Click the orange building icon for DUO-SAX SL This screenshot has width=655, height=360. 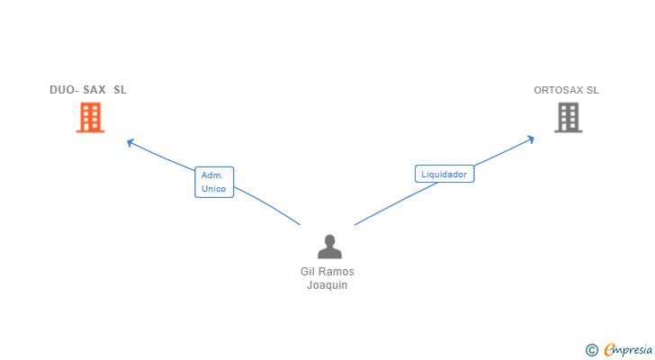[x=90, y=117]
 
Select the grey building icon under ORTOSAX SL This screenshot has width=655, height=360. [x=568, y=117]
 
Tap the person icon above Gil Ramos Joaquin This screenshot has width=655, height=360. [x=329, y=247]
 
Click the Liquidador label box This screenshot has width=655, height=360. [x=444, y=174]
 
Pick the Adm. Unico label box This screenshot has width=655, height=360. [x=214, y=182]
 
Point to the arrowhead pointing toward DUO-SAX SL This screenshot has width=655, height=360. [x=130, y=142]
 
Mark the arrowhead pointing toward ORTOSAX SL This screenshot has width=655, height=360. [x=532, y=139]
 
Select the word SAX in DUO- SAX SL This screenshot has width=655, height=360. [x=94, y=90]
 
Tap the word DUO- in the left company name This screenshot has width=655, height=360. [x=65, y=90]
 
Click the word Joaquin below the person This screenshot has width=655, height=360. [x=327, y=285]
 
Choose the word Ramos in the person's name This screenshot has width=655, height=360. [x=336, y=272]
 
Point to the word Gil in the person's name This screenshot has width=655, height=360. [x=307, y=272]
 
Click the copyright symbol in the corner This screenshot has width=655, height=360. [x=591, y=350]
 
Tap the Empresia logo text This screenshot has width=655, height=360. [x=628, y=350]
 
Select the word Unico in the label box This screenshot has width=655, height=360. [x=213, y=189]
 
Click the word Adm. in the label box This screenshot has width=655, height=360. [x=212, y=175]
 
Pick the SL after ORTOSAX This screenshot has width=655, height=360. [x=593, y=90]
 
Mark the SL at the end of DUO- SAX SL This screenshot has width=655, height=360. [x=121, y=90]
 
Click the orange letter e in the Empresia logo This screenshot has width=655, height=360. [x=610, y=350]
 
